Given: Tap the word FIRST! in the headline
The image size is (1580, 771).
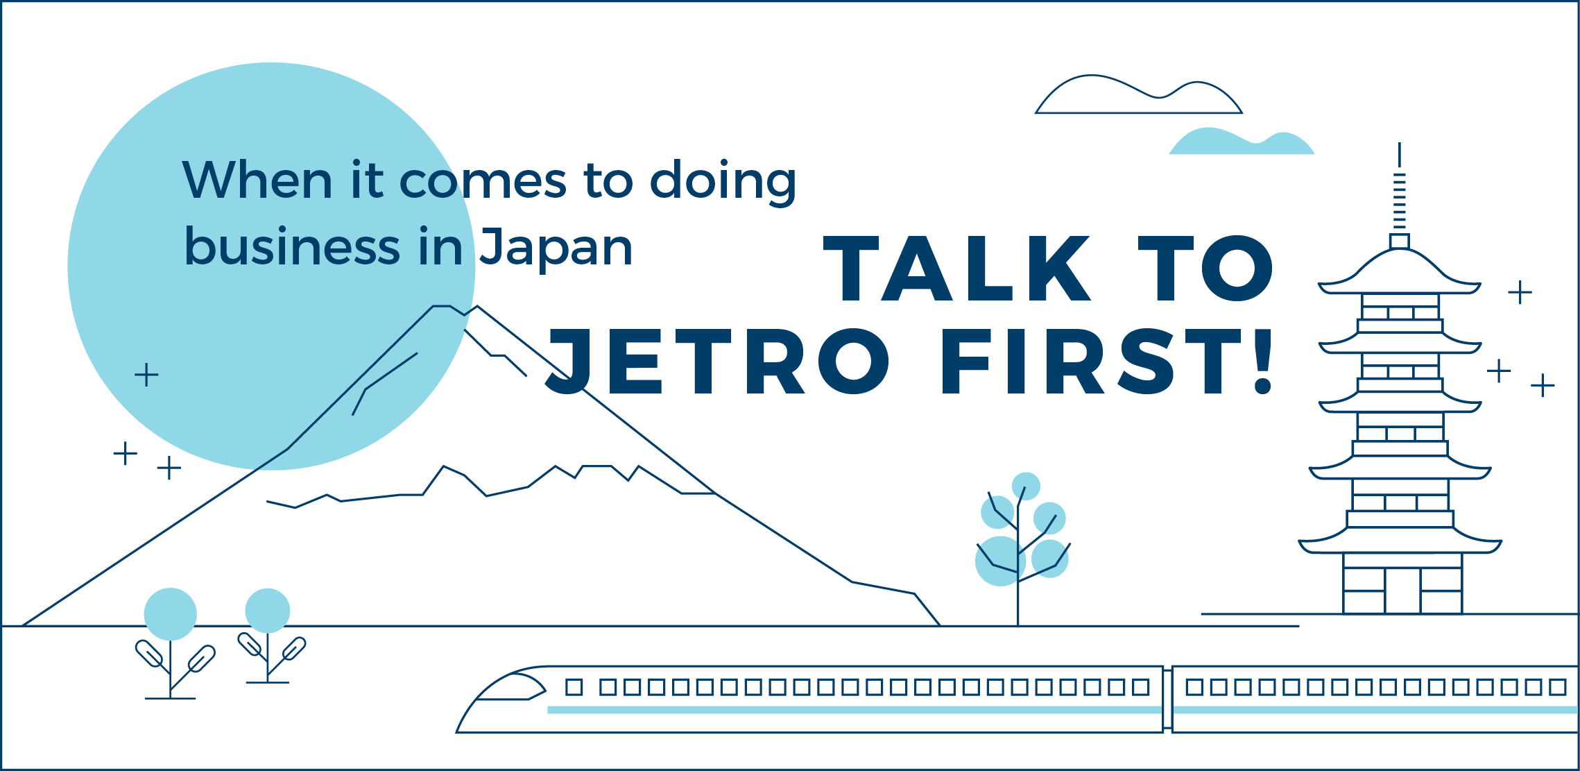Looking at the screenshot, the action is coord(1108,361).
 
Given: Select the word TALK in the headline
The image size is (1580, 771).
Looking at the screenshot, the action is coord(957,268).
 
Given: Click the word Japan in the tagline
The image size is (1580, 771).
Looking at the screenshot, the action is coord(556,248).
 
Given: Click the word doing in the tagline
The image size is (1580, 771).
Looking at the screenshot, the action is coord(723,182).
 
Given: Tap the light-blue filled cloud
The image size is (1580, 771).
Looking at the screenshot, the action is coord(1242,142).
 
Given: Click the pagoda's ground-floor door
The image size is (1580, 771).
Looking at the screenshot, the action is coord(1402,591).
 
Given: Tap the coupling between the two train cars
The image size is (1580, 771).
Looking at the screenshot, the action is coord(1167,699).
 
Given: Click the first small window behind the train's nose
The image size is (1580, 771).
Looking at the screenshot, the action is coord(574,687).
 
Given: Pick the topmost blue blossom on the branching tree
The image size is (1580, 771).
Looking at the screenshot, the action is coord(1026,486).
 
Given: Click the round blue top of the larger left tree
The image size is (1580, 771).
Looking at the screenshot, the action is coord(171,614).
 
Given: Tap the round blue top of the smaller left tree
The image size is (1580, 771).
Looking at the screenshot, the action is coord(268,611).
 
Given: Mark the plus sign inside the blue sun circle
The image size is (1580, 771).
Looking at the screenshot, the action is coord(146,375).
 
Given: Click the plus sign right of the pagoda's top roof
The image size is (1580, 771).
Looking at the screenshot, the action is coord(1520,292).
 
